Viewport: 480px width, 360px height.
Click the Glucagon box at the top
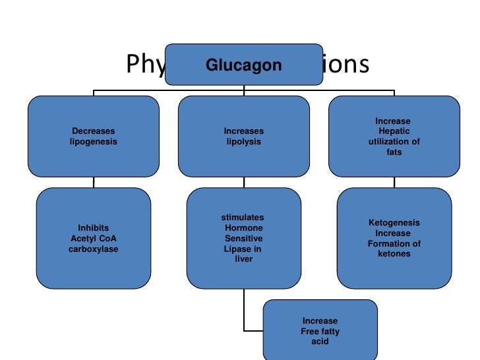tap(244, 65)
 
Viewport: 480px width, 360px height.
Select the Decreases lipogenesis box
tap(93, 136)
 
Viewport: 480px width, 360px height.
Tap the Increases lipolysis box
tap(243, 136)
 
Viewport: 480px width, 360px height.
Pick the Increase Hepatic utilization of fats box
tap(394, 136)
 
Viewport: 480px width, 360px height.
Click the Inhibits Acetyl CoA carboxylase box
tap(93, 238)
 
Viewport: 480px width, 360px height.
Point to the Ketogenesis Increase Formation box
tap(394, 238)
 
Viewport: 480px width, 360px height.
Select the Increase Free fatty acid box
tap(320, 330)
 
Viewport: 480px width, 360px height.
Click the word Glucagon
tap(244, 65)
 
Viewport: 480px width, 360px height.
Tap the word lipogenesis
tap(93, 142)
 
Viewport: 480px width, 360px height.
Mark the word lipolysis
tap(243, 142)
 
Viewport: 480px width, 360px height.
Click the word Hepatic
tap(394, 131)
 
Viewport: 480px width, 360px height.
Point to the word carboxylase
tap(93, 249)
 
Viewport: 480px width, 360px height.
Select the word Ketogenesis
tap(394, 223)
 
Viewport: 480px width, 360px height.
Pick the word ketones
tap(394, 254)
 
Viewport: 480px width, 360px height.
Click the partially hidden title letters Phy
tap(144, 65)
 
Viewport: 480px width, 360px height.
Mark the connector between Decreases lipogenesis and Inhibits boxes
tap(93, 182)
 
